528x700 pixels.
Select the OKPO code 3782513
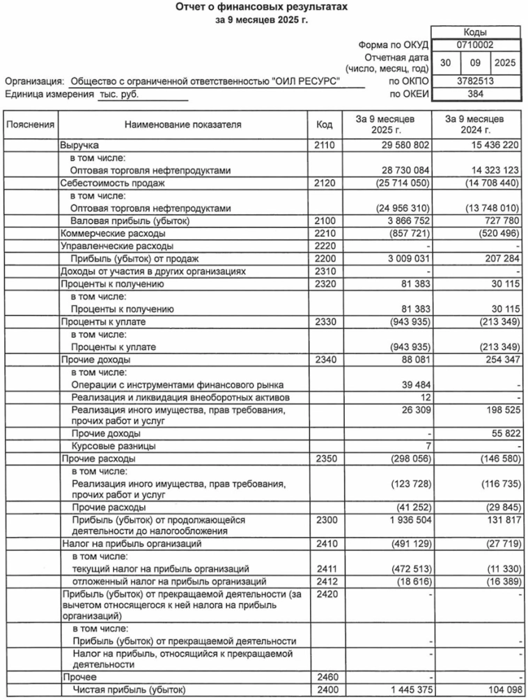pyautogui.click(x=476, y=82)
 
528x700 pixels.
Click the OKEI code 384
pyautogui.click(x=476, y=93)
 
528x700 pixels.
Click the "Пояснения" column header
pyautogui.click(x=30, y=125)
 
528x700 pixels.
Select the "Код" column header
pyautogui.click(x=324, y=125)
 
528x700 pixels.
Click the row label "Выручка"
pyautogui.click(x=79, y=145)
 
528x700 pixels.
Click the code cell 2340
pyautogui.click(x=324, y=360)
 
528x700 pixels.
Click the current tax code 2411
pyautogui.click(x=324, y=569)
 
